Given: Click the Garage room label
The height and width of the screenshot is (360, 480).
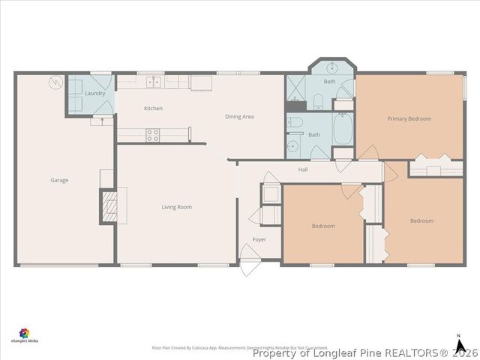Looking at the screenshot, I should tap(59, 180).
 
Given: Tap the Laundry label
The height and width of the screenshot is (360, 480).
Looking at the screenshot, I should tap(94, 93).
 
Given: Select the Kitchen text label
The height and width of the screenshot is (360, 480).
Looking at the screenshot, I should tap(153, 109).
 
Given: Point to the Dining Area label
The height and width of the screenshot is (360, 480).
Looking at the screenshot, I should tap(239, 116).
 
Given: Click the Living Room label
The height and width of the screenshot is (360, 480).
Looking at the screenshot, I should tap(177, 207).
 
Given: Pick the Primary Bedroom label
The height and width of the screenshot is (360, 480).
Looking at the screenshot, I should tap(409, 118).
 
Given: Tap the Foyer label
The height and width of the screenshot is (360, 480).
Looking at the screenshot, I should tap(259, 240).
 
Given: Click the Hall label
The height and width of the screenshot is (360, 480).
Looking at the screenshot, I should tap(303, 169).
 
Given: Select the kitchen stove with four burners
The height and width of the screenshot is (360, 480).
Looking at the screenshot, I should tap(152, 135).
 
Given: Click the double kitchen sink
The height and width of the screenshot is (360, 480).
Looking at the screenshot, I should tap(153, 82).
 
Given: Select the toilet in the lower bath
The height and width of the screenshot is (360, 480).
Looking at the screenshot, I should tap(295, 124).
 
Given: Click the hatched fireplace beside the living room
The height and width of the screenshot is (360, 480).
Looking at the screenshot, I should tap(109, 205).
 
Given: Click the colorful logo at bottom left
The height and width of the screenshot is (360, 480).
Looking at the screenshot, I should tap(25, 333).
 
